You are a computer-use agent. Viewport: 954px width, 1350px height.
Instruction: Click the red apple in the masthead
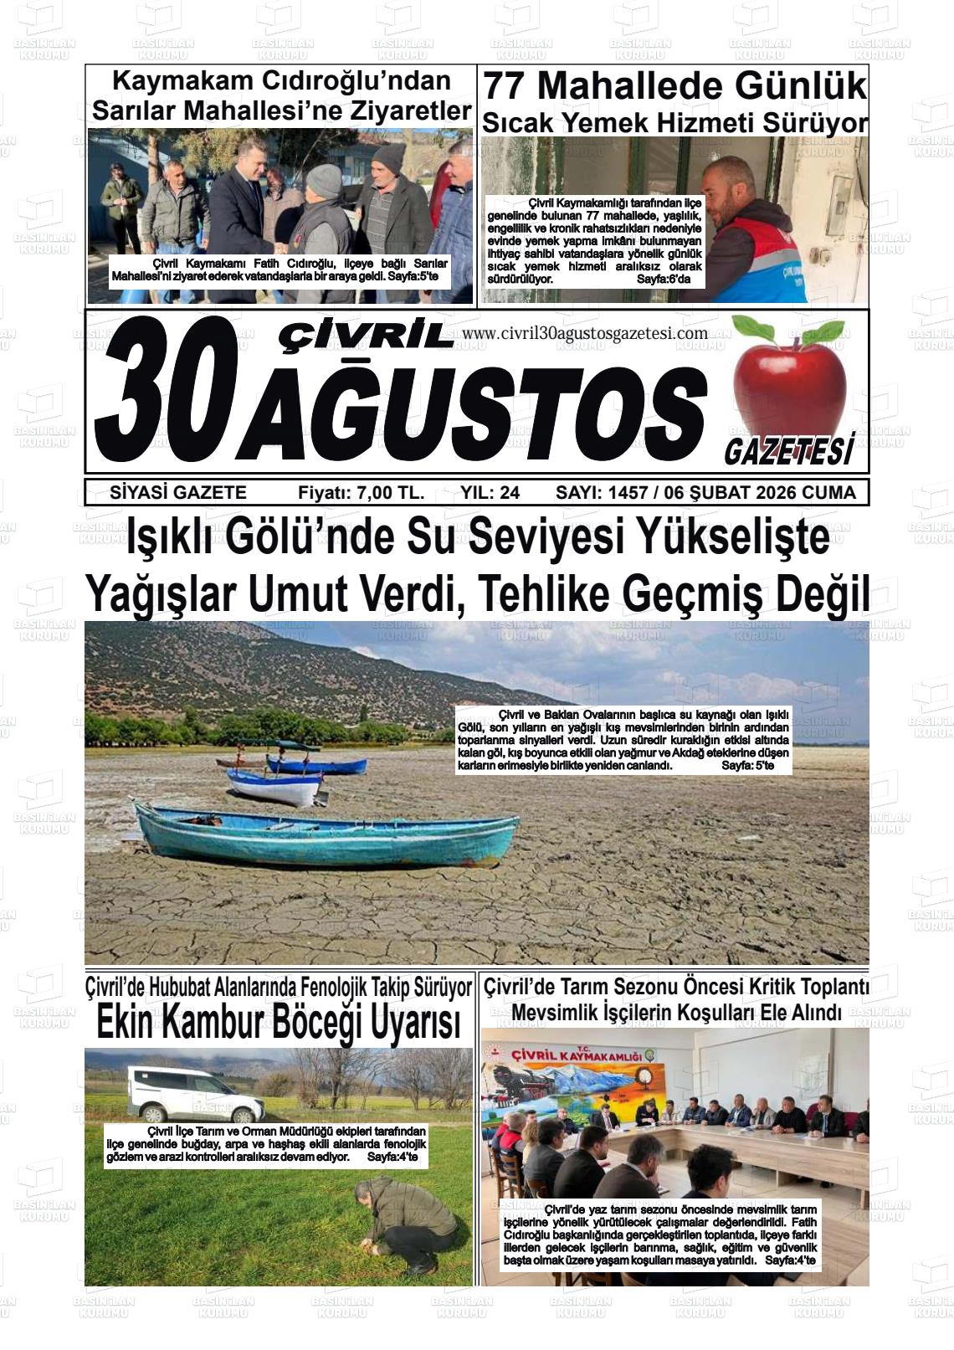(x=789, y=377)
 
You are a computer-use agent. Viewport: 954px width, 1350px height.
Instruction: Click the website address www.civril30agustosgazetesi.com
(x=584, y=333)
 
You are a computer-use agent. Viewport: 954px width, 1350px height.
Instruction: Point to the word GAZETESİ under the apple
(x=788, y=452)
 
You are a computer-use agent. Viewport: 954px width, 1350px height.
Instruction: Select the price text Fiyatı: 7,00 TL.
(x=361, y=493)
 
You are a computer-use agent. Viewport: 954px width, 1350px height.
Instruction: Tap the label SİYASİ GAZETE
(x=178, y=493)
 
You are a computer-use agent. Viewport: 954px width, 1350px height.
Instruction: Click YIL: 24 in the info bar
(x=490, y=493)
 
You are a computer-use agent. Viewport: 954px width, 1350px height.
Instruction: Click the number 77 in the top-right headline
(x=506, y=86)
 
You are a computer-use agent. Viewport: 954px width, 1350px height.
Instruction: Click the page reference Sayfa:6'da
(x=664, y=279)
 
